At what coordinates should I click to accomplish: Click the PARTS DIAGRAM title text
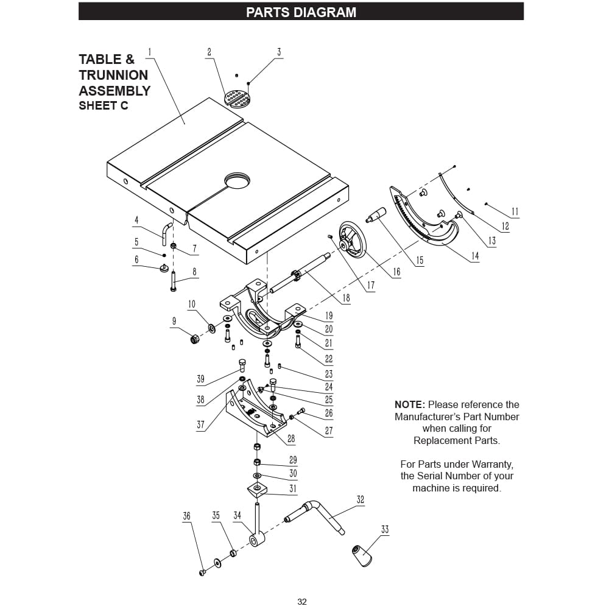(301, 12)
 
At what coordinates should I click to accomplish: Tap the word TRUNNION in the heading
(113, 75)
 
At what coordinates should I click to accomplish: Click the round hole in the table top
(237, 181)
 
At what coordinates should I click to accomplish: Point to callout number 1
(150, 52)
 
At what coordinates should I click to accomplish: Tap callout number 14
(475, 256)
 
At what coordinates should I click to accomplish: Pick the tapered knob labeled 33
(362, 555)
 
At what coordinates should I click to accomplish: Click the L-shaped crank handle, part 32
(315, 516)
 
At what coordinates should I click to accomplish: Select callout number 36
(187, 516)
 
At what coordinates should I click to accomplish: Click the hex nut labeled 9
(194, 339)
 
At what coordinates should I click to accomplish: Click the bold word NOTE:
(410, 404)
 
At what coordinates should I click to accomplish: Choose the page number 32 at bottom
(302, 602)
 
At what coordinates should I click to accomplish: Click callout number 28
(291, 439)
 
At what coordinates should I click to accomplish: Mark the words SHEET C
(104, 105)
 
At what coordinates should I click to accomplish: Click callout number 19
(329, 315)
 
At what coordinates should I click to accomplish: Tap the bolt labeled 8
(173, 281)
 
